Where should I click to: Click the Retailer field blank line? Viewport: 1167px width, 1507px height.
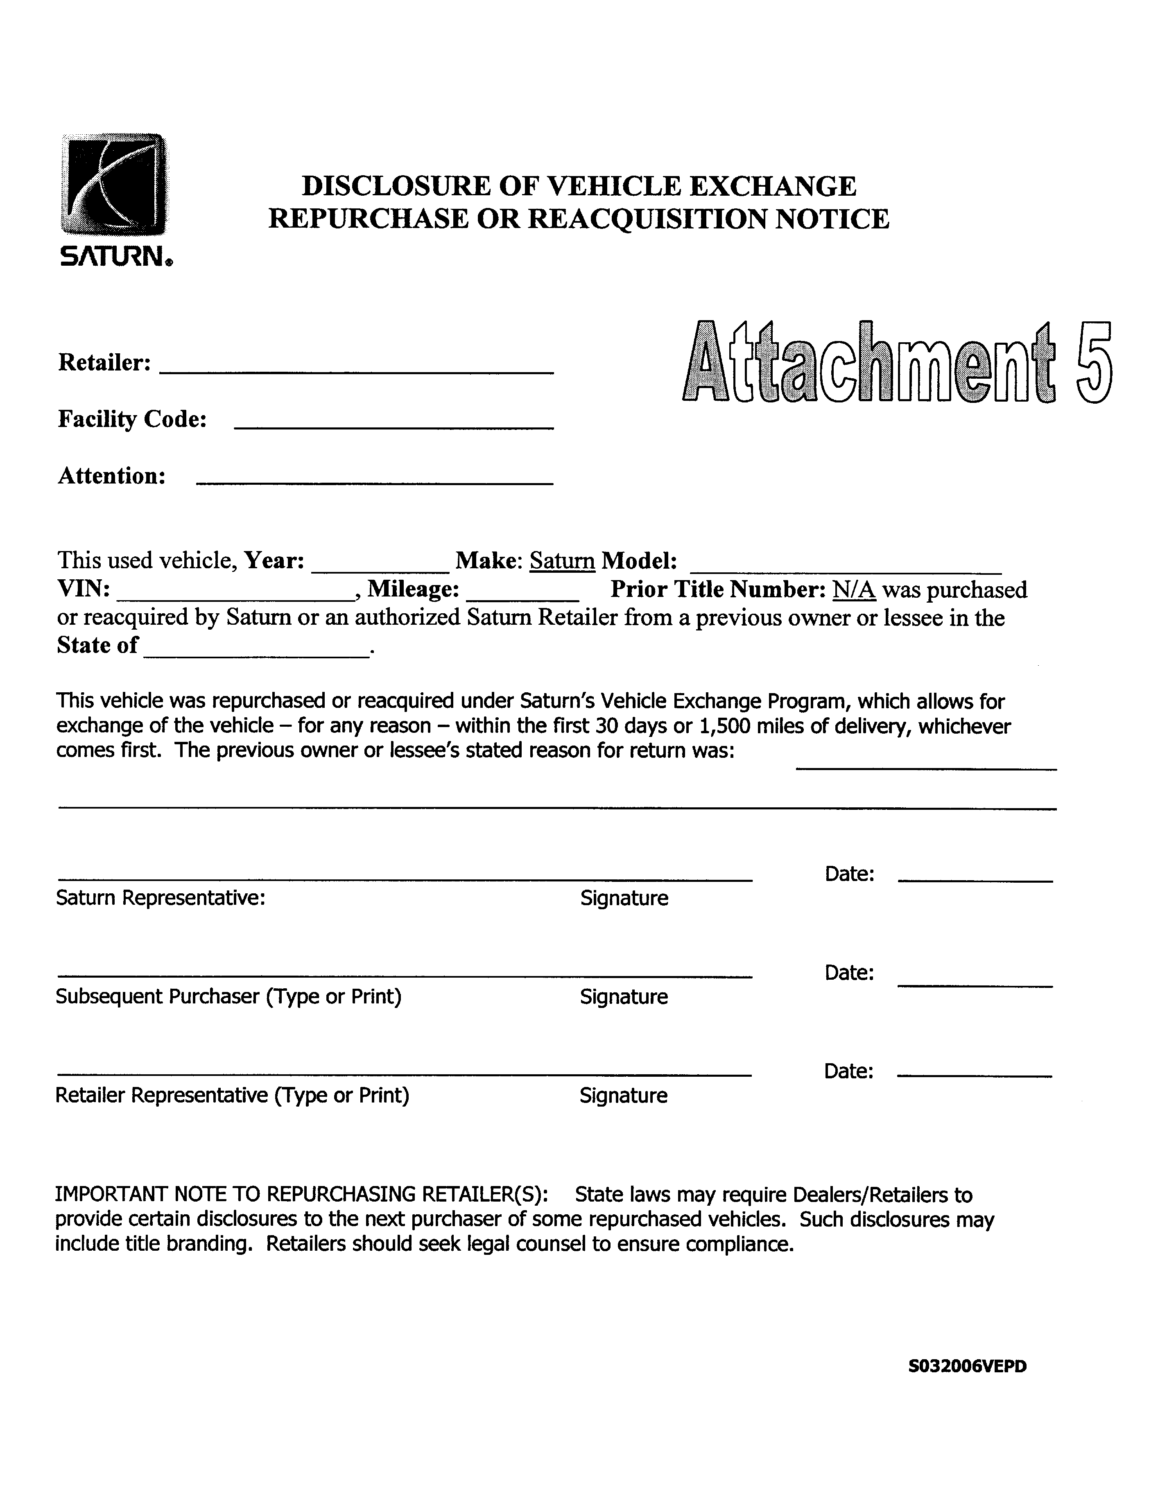(x=356, y=371)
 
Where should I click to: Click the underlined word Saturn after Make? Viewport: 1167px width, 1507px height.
(x=562, y=561)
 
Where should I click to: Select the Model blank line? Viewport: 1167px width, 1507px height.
(x=846, y=572)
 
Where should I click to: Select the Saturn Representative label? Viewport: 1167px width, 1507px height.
(x=160, y=898)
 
